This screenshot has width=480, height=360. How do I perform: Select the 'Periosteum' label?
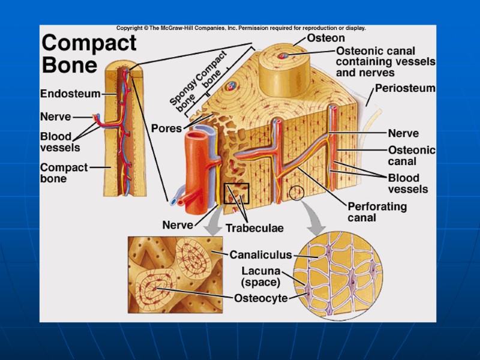[x=405, y=88]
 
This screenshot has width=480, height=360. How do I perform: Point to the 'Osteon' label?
[x=326, y=38]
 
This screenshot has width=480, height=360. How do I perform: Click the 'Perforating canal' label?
[x=377, y=212]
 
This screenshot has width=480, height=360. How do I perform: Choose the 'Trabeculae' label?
[x=254, y=228]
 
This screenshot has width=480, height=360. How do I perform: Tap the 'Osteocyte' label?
[x=260, y=298]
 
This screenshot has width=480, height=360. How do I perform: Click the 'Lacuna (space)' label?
[x=260, y=277]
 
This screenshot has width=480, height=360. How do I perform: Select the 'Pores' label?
[x=166, y=128]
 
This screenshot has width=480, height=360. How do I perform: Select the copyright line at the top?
[x=240, y=28]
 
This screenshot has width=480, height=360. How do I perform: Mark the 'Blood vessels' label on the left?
[x=59, y=142]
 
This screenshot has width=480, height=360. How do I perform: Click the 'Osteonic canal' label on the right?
[x=412, y=156]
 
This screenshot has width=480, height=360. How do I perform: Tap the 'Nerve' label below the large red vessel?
[x=178, y=226]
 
